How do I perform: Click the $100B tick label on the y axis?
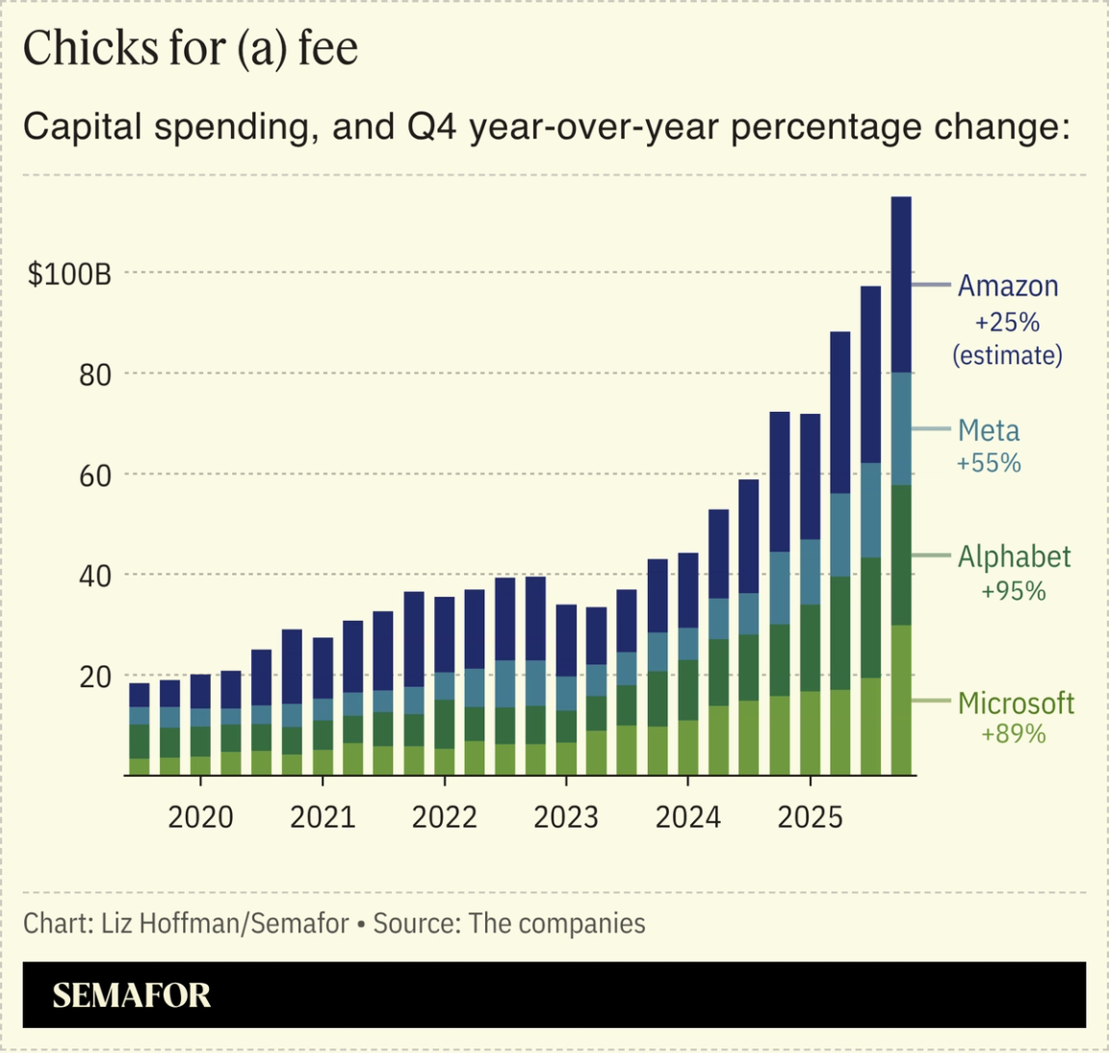tap(69, 274)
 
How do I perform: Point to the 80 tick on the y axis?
tap(95, 374)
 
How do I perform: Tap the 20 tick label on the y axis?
tap(95, 677)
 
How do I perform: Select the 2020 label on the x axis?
tap(200, 817)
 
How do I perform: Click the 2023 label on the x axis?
tap(566, 817)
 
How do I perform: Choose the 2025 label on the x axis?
tap(810, 817)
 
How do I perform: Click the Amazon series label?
tap(1008, 287)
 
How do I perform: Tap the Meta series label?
tap(989, 430)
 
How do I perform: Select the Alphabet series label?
tap(1014, 556)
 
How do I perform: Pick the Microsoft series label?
tap(1016, 703)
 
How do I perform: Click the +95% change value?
tap(1014, 591)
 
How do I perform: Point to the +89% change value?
tap(1014, 734)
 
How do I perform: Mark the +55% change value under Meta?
tap(989, 463)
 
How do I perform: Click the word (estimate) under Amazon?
tap(1008, 355)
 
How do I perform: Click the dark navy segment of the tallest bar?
tap(901, 284)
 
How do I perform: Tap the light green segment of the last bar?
tap(901, 700)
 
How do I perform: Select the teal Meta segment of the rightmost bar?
tap(901, 429)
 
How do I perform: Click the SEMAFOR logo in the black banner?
tap(131, 995)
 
